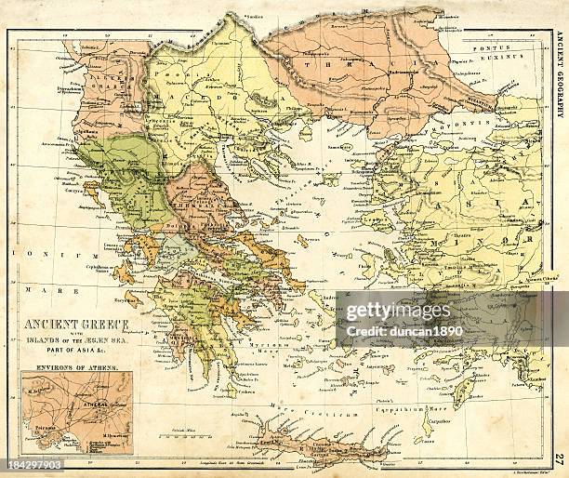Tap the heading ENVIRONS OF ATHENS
[x=74, y=367]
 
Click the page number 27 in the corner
[x=558, y=458]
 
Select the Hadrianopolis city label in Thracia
[x=380, y=72]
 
